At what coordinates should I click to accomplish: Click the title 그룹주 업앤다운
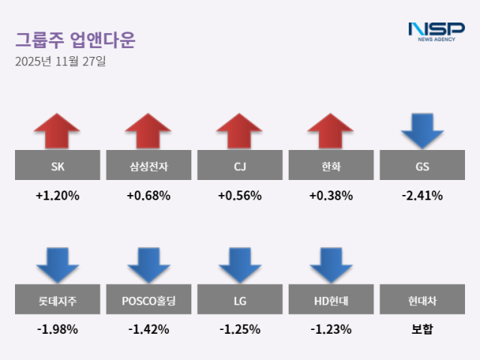pos(75,40)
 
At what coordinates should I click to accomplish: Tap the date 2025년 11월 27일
pos(61,62)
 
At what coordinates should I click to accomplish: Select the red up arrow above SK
pos(57,131)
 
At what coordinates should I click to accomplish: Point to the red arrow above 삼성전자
pos(148,131)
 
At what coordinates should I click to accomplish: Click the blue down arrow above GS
pos(422,130)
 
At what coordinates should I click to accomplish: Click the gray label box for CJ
pos(239,166)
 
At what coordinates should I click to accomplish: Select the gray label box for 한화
pos(331,166)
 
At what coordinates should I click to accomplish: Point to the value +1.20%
pos(57,196)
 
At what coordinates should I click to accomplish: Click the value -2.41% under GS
pos(422,196)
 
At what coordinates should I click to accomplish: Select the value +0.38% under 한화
pos(331,196)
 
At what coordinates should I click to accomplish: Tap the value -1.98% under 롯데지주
pos(57,329)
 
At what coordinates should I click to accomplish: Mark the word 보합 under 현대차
pos(422,329)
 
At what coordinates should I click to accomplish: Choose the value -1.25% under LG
pos(239,329)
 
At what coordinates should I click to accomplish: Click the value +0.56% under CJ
pos(239,196)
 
